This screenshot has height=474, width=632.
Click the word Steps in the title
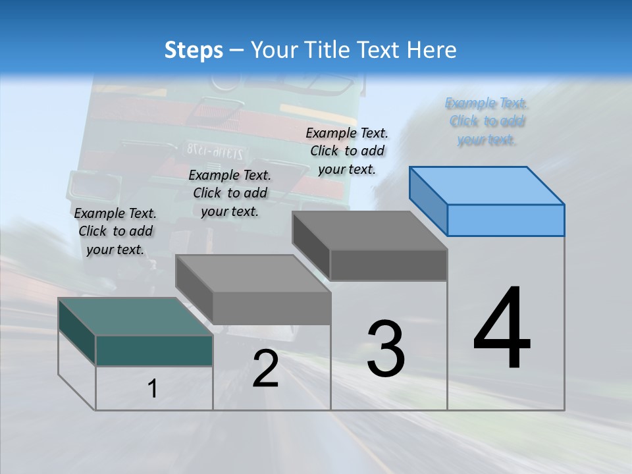tap(194, 50)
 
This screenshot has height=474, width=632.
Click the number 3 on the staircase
tap(386, 349)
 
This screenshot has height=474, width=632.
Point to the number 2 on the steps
tap(265, 369)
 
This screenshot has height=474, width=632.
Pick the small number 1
tap(153, 389)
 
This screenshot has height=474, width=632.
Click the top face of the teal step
tap(135, 316)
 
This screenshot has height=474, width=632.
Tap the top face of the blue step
tap(487, 185)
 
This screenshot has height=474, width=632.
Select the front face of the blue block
tap(506, 220)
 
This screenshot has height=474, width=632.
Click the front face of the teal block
tap(154, 350)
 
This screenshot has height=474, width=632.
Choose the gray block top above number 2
tap(253, 273)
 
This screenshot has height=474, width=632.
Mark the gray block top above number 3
tap(370, 230)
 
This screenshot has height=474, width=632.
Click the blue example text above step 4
tap(487, 121)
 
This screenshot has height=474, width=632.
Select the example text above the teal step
tap(115, 231)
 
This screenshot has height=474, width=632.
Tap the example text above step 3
tap(347, 151)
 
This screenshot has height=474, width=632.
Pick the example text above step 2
tap(230, 193)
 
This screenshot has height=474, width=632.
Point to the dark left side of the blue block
tap(428, 201)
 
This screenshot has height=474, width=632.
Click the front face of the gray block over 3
tap(388, 265)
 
